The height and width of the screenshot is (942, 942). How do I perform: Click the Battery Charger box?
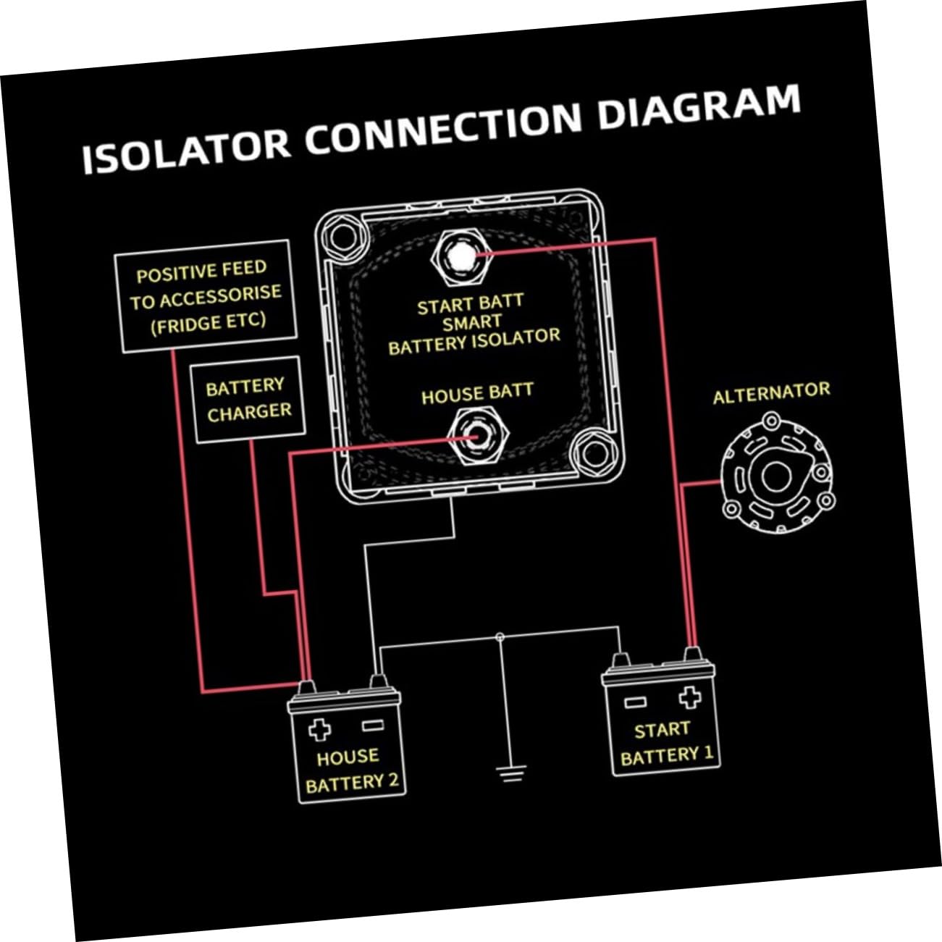point(248,399)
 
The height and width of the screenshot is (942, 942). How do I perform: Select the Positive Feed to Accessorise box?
point(206,296)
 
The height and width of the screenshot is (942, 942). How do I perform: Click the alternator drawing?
point(776,476)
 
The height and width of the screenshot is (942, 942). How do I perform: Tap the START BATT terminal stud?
point(458,257)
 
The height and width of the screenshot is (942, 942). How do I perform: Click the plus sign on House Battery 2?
point(319,729)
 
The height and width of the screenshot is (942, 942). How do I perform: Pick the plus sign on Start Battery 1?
point(689,697)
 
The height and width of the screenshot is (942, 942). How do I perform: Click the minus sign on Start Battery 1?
point(635,702)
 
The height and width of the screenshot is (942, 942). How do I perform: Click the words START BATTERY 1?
point(665,744)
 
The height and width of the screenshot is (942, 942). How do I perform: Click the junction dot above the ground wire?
point(500,637)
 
